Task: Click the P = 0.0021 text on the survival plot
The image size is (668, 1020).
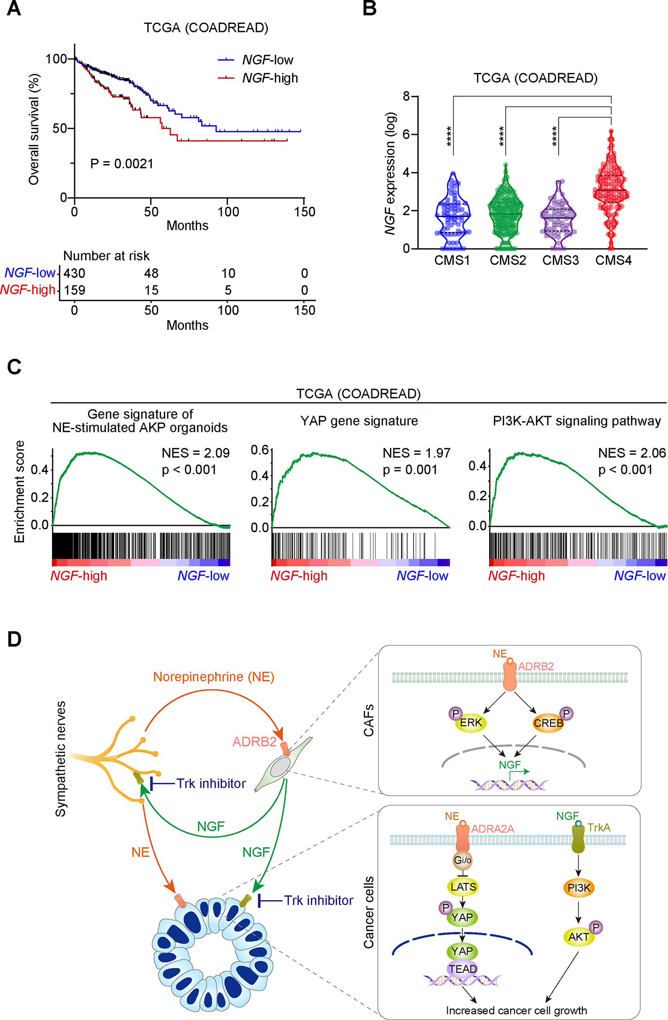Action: [x=122, y=164]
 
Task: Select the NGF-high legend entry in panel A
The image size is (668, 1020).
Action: [x=269, y=78]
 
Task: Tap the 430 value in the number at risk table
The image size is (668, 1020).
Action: [x=74, y=273]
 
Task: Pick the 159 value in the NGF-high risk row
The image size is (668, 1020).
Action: [x=74, y=290]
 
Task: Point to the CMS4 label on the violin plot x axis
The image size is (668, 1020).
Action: [x=613, y=261]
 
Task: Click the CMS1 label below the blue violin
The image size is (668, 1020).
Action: [x=452, y=261]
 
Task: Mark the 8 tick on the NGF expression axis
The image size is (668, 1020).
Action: [x=406, y=96]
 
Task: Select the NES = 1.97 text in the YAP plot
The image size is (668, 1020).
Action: [x=416, y=453]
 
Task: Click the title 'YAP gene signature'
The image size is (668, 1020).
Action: [x=359, y=421]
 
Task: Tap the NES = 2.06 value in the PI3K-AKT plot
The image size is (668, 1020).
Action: [x=632, y=453]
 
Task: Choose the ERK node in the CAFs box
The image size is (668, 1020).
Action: [x=470, y=723]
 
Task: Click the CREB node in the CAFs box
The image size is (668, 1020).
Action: [x=548, y=723]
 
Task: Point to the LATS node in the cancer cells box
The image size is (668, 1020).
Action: [x=463, y=887]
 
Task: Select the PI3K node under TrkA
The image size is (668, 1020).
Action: [x=579, y=888]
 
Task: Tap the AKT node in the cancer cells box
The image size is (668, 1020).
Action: [x=579, y=937]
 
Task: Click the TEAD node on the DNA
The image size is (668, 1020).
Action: [x=462, y=969]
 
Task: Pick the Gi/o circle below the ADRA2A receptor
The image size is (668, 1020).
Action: [x=462, y=860]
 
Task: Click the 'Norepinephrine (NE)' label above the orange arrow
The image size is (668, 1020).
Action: [x=213, y=677]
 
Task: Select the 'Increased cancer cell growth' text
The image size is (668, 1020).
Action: [x=516, y=1010]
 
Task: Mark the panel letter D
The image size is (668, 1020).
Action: [x=14, y=639]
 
